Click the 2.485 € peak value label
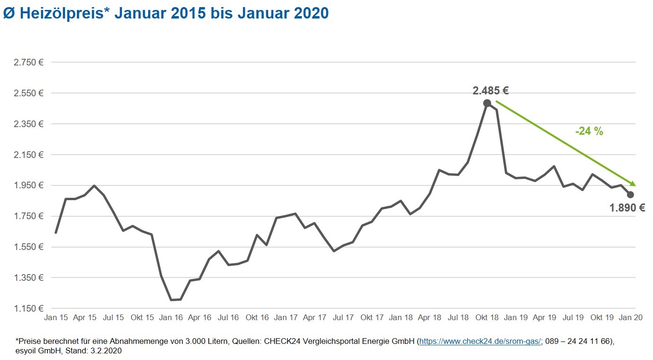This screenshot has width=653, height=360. pos(490,91)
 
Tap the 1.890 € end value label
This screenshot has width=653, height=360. pos(627,207)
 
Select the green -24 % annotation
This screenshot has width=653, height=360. pos(589,132)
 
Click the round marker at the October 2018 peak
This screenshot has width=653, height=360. pos(487,103)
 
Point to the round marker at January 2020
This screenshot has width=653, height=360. pos(630,194)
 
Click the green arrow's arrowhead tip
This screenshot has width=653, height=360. pos(634,185)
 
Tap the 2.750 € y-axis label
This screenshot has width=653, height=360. pos(28,63)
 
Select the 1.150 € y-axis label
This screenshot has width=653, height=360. pos(28,309)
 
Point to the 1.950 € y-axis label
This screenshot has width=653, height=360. pos(28,185)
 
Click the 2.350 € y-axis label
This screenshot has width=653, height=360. pos(28,124)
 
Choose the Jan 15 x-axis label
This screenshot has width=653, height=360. pos(56,318)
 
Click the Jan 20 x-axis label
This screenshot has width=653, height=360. pos(631,318)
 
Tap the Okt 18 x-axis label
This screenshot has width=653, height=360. pos(487,318)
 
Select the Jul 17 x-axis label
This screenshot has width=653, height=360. pos(343,318)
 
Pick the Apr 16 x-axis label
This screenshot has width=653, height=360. pos(200,318)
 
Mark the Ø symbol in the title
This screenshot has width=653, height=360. pos(9,13)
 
